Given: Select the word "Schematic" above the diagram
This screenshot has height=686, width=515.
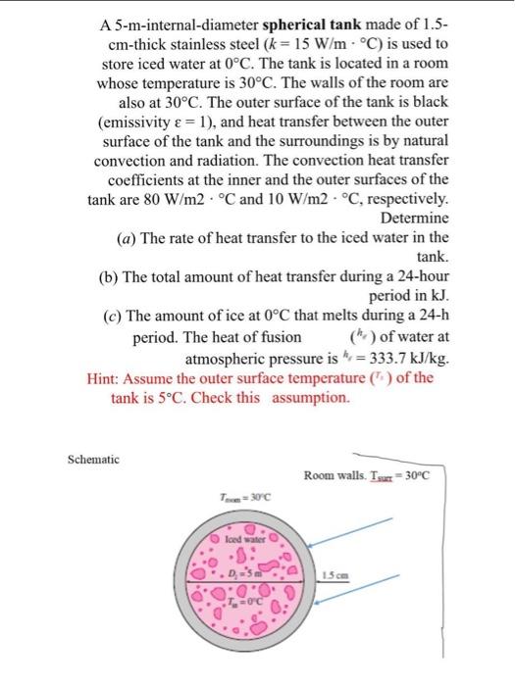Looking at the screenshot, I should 93,459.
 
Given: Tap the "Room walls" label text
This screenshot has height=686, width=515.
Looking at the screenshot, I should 335,475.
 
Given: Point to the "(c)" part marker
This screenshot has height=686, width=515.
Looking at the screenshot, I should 114,318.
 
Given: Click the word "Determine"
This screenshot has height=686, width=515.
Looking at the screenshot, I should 414,218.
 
